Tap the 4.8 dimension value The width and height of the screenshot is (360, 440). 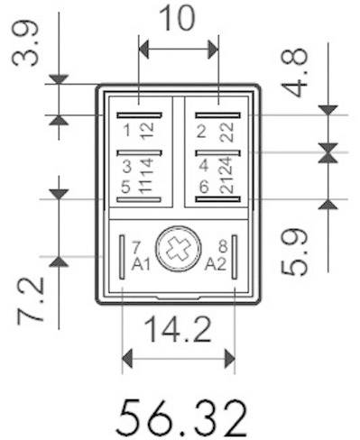(296, 70)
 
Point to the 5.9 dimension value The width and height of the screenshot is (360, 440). (297, 251)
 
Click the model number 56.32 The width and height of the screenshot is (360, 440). (181, 417)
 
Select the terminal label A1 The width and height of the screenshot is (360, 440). (141, 264)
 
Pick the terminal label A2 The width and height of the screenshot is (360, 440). (215, 264)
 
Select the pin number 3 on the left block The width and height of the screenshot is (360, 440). (127, 167)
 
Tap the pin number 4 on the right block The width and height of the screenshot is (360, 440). (203, 167)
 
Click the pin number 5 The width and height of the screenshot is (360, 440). (127, 187)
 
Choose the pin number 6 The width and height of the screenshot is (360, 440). (203, 187)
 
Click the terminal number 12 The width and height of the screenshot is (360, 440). (146, 131)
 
